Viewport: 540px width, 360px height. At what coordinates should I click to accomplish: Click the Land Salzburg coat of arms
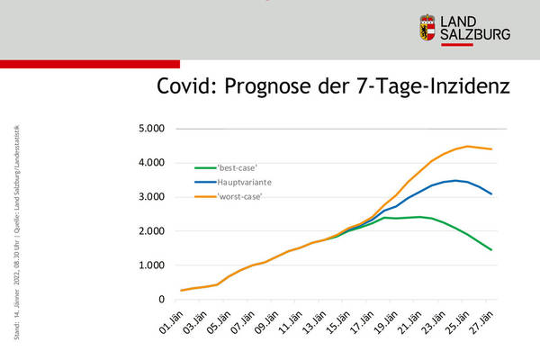tap(428, 27)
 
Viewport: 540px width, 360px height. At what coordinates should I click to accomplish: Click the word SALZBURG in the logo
tap(476, 35)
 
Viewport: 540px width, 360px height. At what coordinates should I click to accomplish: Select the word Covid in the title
tap(185, 87)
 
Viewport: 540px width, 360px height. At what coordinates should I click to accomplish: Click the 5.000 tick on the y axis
tap(150, 129)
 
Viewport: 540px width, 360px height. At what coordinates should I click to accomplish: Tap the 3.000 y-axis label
tap(150, 197)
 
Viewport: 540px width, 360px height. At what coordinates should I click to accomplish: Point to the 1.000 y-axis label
tap(150, 265)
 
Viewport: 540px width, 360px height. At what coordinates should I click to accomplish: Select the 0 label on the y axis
tap(161, 300)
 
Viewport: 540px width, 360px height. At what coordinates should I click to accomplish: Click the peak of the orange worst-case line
tap(467, 146)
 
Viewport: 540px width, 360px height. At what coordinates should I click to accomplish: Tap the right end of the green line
tap(490, 249)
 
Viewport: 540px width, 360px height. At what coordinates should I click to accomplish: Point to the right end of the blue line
tap(490, 193)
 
